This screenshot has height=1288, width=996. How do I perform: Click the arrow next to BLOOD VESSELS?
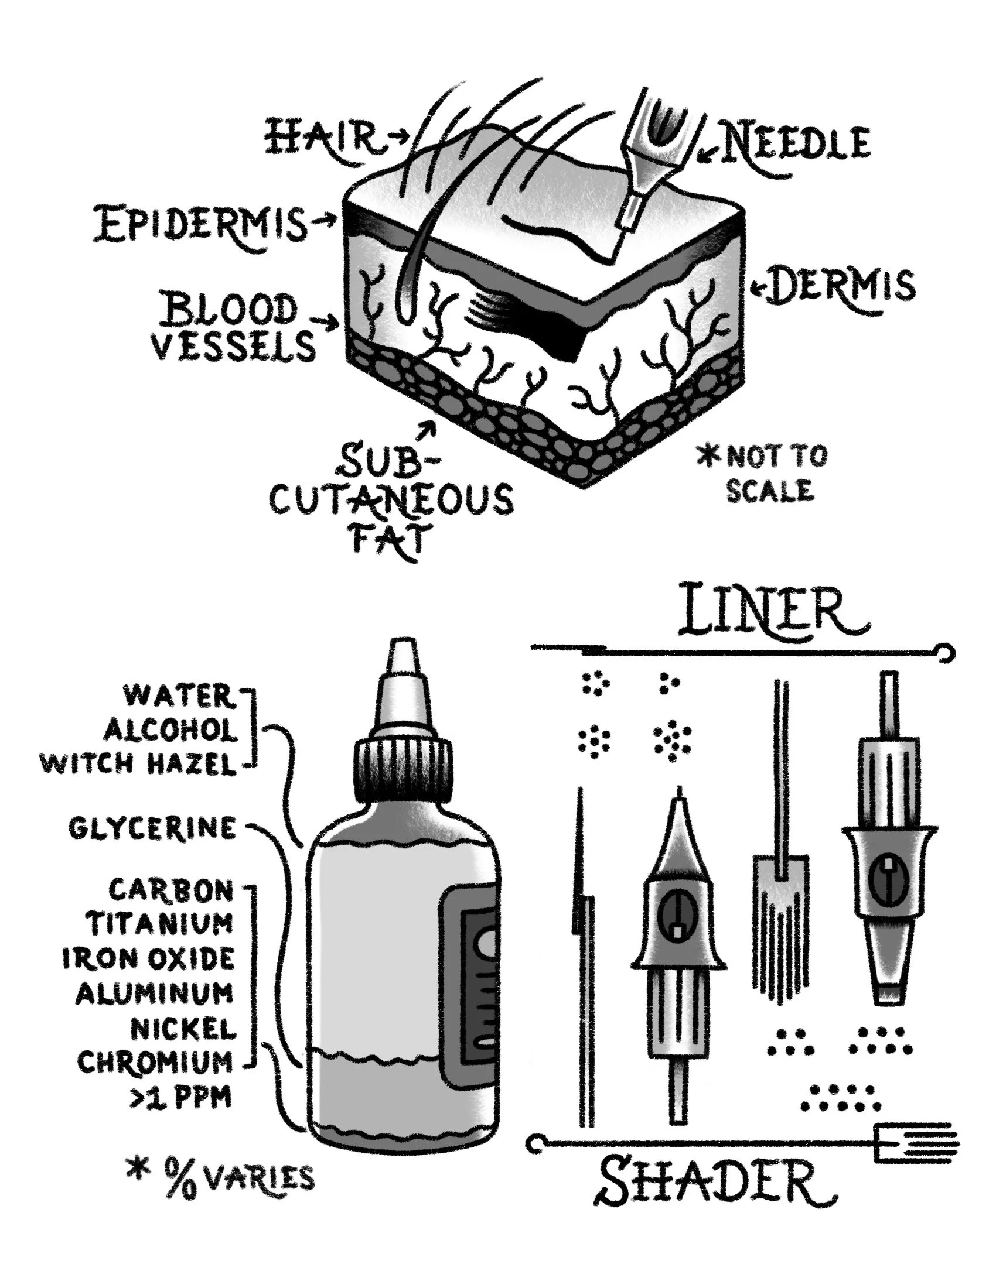pyautogui.click(x=326, y=322)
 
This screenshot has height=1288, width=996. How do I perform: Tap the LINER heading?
pyautogui.click(x=772, y=610)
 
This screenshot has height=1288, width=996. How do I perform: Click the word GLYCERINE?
pyautogui.click(x=152, y=828)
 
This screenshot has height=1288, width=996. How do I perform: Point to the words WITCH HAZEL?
pyautogui.click(x=138, y=765)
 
